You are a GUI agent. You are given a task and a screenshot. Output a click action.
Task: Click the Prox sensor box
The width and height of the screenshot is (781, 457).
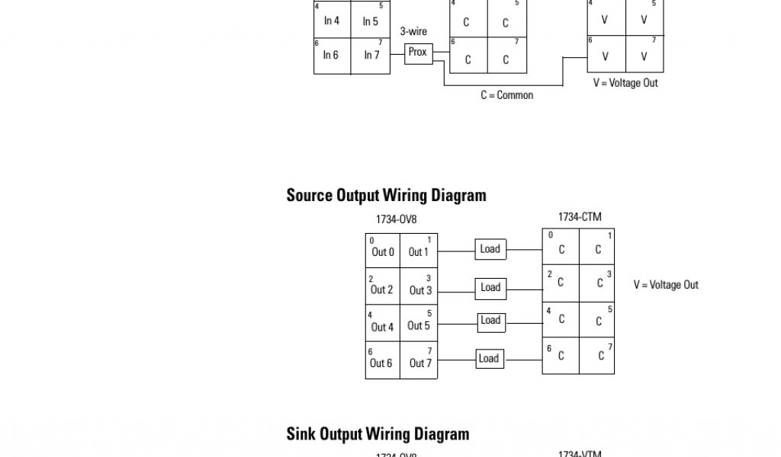point(418,53)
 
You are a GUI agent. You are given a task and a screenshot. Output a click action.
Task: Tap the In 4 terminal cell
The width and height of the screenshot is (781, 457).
point(332,21)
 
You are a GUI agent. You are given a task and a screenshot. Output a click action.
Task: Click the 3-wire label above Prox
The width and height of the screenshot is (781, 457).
point(413,31)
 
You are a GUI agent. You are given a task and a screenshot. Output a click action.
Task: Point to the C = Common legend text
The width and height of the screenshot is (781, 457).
point(506,95)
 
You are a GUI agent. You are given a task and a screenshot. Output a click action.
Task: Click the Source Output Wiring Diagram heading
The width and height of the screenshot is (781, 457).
point(386,195)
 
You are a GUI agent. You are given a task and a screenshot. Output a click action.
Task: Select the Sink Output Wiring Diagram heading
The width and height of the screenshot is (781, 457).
point(378,433)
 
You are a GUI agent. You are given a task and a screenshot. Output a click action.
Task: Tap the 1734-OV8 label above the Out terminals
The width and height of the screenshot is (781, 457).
point(396,219)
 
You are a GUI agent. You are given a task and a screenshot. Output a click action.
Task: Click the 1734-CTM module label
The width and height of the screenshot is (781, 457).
point(579,217)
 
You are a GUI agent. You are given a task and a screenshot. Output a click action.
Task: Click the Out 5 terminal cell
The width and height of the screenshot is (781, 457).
point(419,324)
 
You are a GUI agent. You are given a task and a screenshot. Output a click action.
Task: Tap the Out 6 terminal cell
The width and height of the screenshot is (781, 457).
point(382,361)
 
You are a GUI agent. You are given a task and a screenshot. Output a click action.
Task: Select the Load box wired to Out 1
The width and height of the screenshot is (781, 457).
point(490,249)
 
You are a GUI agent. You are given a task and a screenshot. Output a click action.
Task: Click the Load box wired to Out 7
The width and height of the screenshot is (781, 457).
point(488,358)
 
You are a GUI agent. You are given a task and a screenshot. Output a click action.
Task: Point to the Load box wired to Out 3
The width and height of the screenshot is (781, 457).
point(490,287)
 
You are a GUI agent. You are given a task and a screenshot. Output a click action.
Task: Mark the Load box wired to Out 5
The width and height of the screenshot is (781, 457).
point(490,321)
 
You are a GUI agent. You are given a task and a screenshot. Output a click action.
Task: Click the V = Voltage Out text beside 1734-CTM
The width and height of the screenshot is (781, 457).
point(665,285)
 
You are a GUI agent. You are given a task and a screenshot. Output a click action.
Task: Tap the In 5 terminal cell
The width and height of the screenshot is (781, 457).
point(371,21)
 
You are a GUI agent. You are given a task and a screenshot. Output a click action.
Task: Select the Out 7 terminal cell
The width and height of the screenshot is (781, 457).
point(420,361)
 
